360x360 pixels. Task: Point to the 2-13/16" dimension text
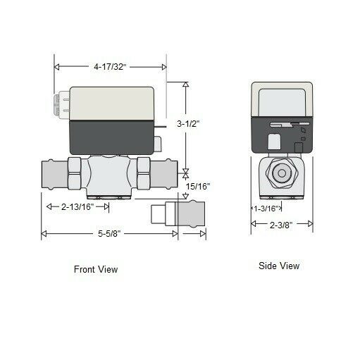[x=77, y=206]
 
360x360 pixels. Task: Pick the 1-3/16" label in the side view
[x=267, y=208]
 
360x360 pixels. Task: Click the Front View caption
[x=96, y=269]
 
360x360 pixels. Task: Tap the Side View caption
[x=278, y=266]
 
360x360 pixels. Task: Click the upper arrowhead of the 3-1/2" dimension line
[x=185, y=85]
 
